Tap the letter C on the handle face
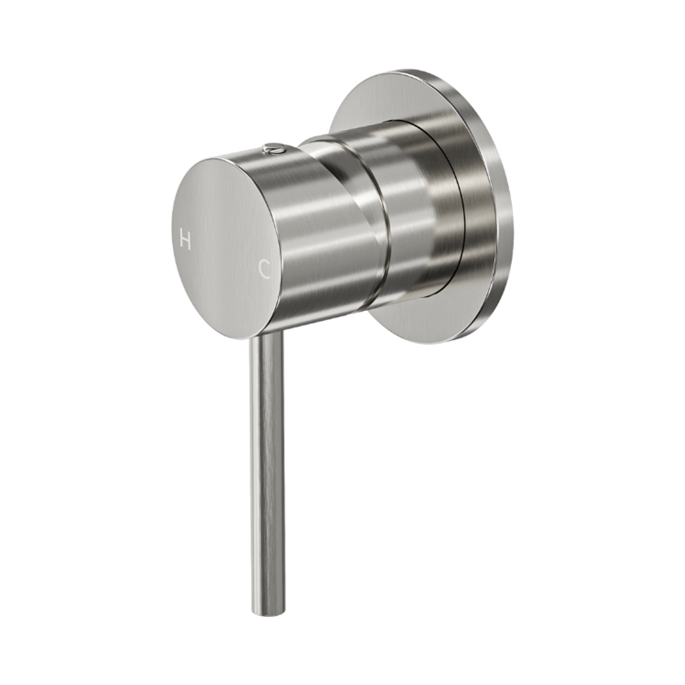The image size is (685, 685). click(265, 270)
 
